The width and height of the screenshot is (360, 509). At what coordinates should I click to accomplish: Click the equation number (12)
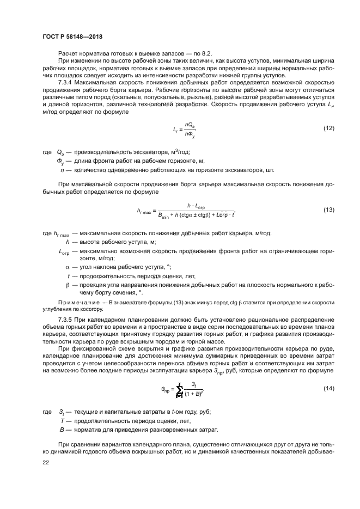329,128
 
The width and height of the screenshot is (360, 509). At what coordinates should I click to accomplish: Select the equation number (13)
329,210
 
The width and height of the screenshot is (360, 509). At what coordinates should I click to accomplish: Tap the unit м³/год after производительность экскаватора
180,153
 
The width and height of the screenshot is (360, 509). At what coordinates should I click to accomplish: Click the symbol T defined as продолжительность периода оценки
63,421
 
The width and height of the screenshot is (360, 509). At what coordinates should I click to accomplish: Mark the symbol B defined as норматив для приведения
63,430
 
